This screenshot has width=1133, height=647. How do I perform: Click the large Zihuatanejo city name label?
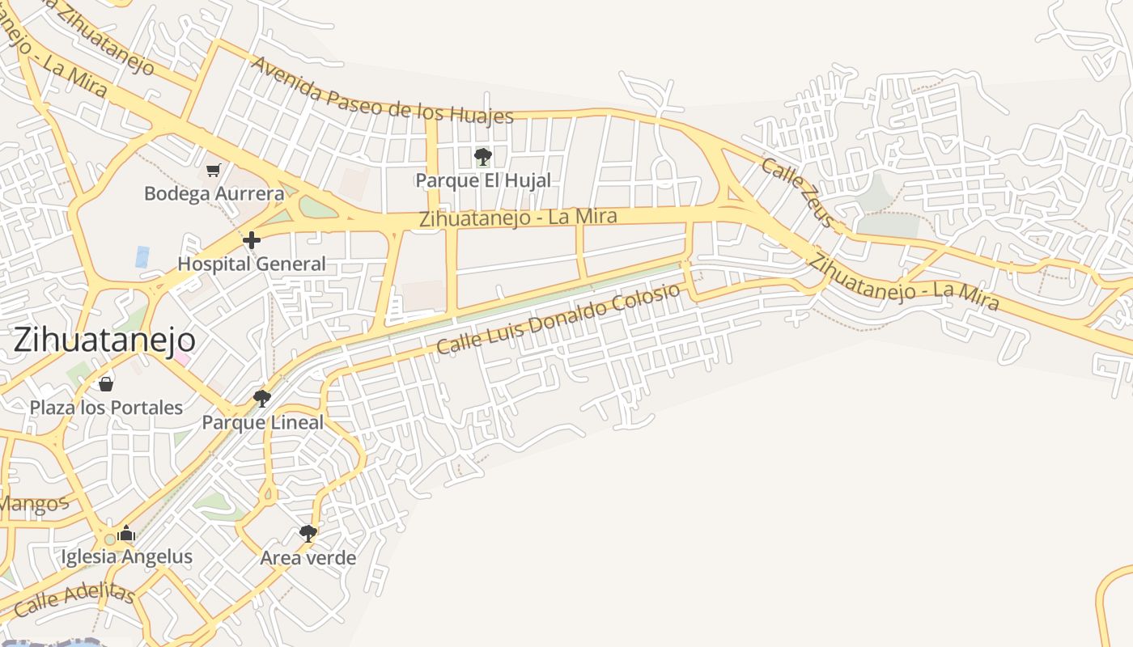pyautogui.click(x=104, y=340)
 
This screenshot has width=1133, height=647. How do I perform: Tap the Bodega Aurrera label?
pyautogui.click(x=214, y=194)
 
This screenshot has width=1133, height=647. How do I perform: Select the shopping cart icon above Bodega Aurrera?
pyautogui.click(x=213, y=170)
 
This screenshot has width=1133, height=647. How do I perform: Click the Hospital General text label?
pyautogui.click(x=252, y=264)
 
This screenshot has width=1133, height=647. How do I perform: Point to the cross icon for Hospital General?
pyautogui.click(x=252, y=239)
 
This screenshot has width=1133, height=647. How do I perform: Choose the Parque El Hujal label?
pyautogui.click(x=483, y=180)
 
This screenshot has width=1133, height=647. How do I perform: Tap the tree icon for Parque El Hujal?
pyautogui.click(x=483, y=156)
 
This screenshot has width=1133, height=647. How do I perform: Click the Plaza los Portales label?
pyautogui.click(x=106, y=407)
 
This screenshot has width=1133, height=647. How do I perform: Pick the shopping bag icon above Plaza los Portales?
pyautogui.click(x=106, y=383)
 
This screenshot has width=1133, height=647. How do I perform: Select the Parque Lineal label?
pyautogui.click(x=262, y=422)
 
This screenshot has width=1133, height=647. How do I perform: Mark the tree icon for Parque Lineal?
pyautogui.click(x=261, y=398)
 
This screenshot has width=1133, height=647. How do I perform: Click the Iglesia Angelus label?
pyautogui.click(x=127, y=556)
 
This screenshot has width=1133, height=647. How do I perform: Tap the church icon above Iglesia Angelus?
pyautogui.click(x=126, y=534)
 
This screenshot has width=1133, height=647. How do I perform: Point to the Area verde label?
pyautogui.click(x=308, y=557)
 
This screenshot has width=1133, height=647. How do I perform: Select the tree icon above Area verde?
pyautogui.click(x=308, y=533)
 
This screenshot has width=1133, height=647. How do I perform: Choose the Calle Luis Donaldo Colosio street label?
pyautogui.click(x=558, y=319)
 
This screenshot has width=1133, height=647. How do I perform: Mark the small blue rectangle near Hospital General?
pyautogui.click(x=142, y=257)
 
